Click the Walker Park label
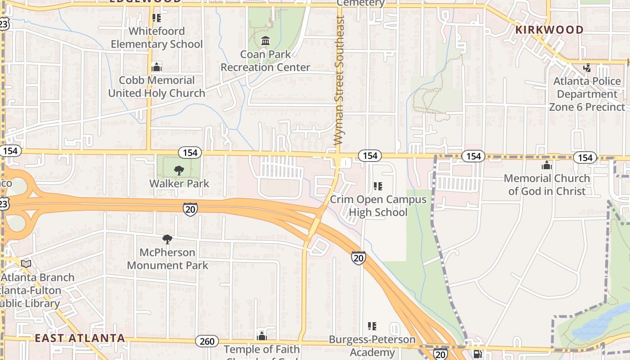pyautogui.click(x=179, y=183)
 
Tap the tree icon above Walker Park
pyautogui.click(x=179, y=171)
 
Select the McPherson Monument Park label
pyautogui.click(x=167, y=259)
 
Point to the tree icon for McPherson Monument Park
pyautogui.click(x=167, y=239)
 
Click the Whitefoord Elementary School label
pyautogui.click(x=157, y=38)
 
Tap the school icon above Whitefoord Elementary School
pyautogui.click(x=157, y=18)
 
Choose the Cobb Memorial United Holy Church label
pyautogui.click(x=157, y=87)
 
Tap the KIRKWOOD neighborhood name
pyautogui.click(x=549, y=30)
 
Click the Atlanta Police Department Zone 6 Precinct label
pyautogui.click(x=587, y=94)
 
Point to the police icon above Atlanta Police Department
pyautogui.click(x=587, y=68)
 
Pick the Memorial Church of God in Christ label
pyautogui.click(x=547, y=184)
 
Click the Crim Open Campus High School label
pyautogui.click(x=378, y=206)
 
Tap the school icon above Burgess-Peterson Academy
pyautogui.click(x=372, y=326)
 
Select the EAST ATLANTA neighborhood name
pyautogui.click(x=80, y=338)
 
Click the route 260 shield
pyautogui.click(x=207, y=342)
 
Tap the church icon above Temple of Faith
pyautogui.click(x=261, y=336)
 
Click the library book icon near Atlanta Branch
pyautogui.click(x=26, y=264)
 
